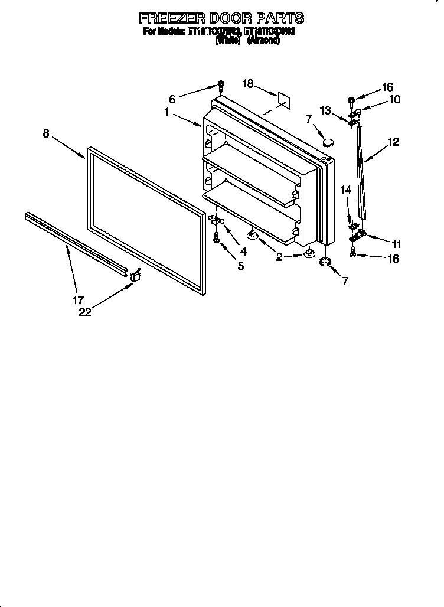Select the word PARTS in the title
click(279, 18)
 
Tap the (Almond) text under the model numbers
click(263, 41)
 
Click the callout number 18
click(247, 84)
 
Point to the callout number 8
click(46, 133)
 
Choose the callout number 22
click(85, 313)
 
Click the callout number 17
click(78, 299)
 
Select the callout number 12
click(393, 142)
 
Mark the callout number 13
click(325, 110)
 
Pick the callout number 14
click(345, 190)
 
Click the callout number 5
click(240, 266)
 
